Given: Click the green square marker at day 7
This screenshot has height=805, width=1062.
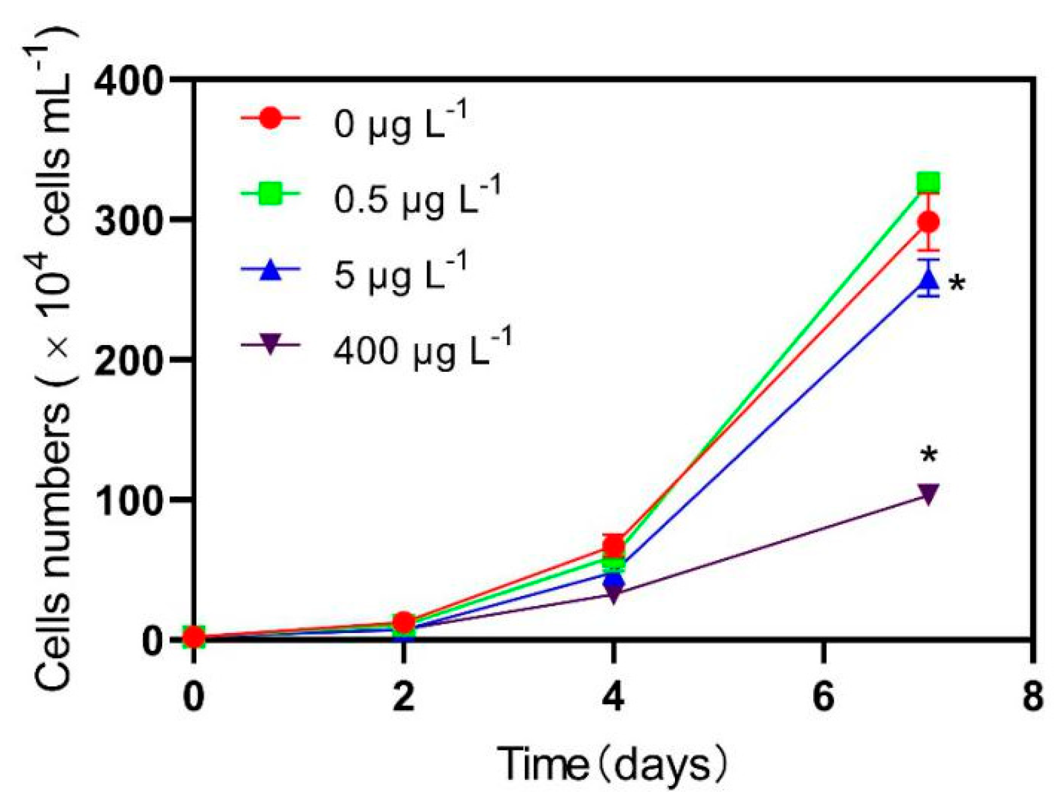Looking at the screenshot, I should click(x=928, y=182).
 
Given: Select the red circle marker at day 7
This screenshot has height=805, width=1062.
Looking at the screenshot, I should click(x=928, y=222).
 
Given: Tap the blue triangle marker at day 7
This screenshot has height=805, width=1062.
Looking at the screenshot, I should click(x=928, y=280).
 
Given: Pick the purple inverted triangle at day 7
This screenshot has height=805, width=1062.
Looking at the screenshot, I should click(x=928, y=493).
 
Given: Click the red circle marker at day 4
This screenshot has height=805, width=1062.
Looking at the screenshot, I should click(x=613, y=545).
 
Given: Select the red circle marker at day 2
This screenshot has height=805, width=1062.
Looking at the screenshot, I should click(x=403, y=622).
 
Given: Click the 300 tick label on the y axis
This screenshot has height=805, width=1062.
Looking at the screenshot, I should click(x=128, y=221).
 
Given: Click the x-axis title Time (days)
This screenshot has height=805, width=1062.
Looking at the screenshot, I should click(x=612, y=765).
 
